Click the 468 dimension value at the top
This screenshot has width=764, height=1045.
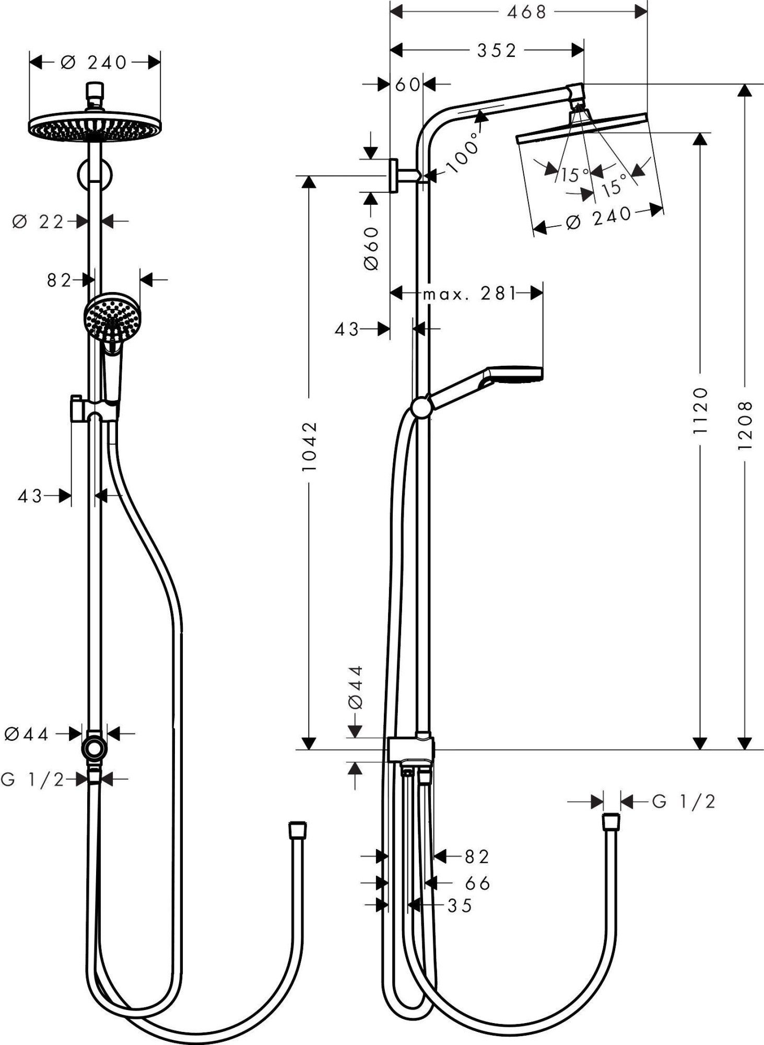point(526,12)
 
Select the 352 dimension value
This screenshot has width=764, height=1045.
point(496,51)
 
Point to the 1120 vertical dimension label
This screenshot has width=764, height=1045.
point(700,410)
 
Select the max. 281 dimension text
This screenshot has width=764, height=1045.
point(469,294)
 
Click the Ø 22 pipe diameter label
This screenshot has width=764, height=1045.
point(38,222)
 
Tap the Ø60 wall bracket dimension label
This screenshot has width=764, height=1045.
point(371,249)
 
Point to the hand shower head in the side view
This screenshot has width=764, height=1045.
point(514,374)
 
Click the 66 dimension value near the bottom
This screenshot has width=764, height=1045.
point(478,884)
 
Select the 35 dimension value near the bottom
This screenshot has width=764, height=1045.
point(460,905)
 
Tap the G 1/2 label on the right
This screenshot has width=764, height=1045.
point(684,801)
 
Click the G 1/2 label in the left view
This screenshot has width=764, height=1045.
point(32,780)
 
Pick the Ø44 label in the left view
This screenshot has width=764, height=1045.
point(27,734)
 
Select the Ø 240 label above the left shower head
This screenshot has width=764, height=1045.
point(94,63)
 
